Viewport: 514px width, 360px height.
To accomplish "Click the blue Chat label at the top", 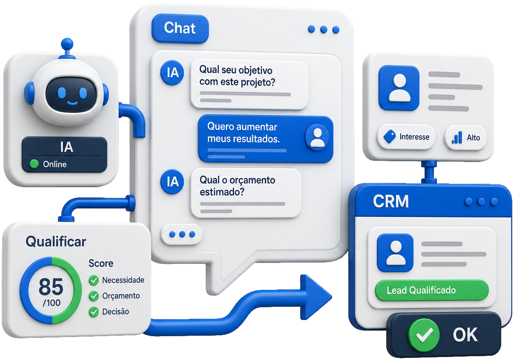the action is pyautogui.click(x=180, y=29).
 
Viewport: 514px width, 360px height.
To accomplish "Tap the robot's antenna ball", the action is pyautogui.click(x=67, y=44).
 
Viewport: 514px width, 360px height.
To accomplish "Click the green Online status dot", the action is pyautogui.click(x=34, y=164).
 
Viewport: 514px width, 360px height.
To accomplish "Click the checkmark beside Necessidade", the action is pyautogui.click(x=94, y=280).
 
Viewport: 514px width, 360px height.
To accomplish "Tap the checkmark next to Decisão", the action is pyautogui.click(x=94, y=312).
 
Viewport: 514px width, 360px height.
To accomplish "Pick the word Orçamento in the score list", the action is pyautogui.click(x=121, y=296).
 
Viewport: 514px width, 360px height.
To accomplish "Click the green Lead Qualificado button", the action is pyautogui.click(x=432, y=290).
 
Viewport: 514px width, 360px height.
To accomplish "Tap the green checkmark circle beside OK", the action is pyautogui.click(x=424, y=335).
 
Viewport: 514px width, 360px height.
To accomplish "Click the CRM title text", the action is pyautogui.click(x=391, y=201).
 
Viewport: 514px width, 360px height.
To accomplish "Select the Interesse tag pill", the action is pyautogui.click(x=406, y=137).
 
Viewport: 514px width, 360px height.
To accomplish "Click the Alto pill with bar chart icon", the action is pyautogui.click(x=465, y=137).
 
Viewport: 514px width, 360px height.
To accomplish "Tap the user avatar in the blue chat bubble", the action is pyautogui.click(x=317, y=137).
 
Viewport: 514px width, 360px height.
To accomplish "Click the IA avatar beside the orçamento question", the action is pyautogui.click(x=172, y=182).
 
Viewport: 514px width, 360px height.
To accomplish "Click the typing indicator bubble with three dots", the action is pyautogui.click(x=182, y=234).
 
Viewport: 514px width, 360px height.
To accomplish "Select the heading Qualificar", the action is pyautogui.click(x=56, y=242).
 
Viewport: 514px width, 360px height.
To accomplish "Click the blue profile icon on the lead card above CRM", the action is pyautogui.click(x=399, y=88).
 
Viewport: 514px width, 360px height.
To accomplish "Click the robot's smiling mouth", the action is pyautogui.click(x=72, y=103).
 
